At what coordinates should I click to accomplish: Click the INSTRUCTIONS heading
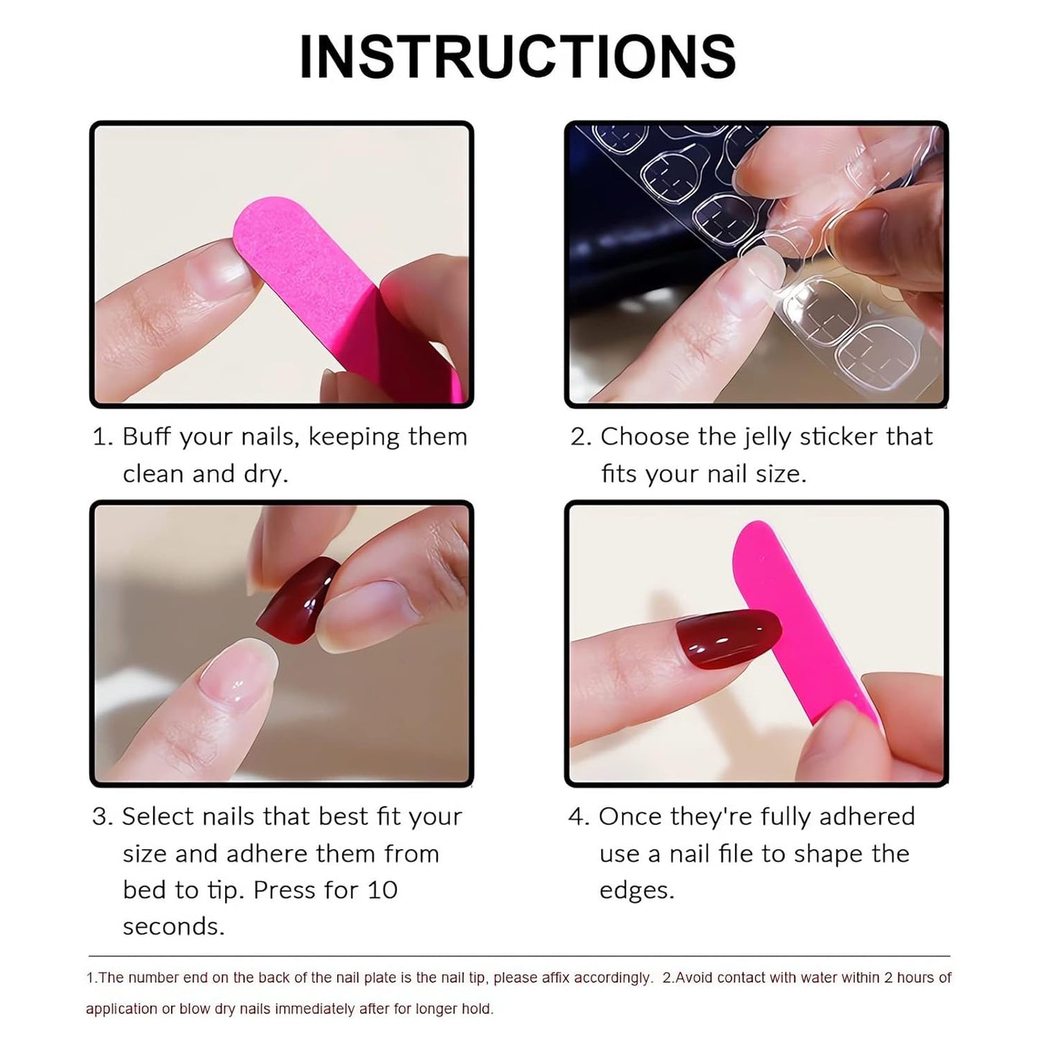(518, 57)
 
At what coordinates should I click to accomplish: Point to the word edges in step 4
(636, 890)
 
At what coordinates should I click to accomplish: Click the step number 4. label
(579, 817)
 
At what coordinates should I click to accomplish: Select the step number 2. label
(581, 436)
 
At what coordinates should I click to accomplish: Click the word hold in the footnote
(479, 1009)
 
